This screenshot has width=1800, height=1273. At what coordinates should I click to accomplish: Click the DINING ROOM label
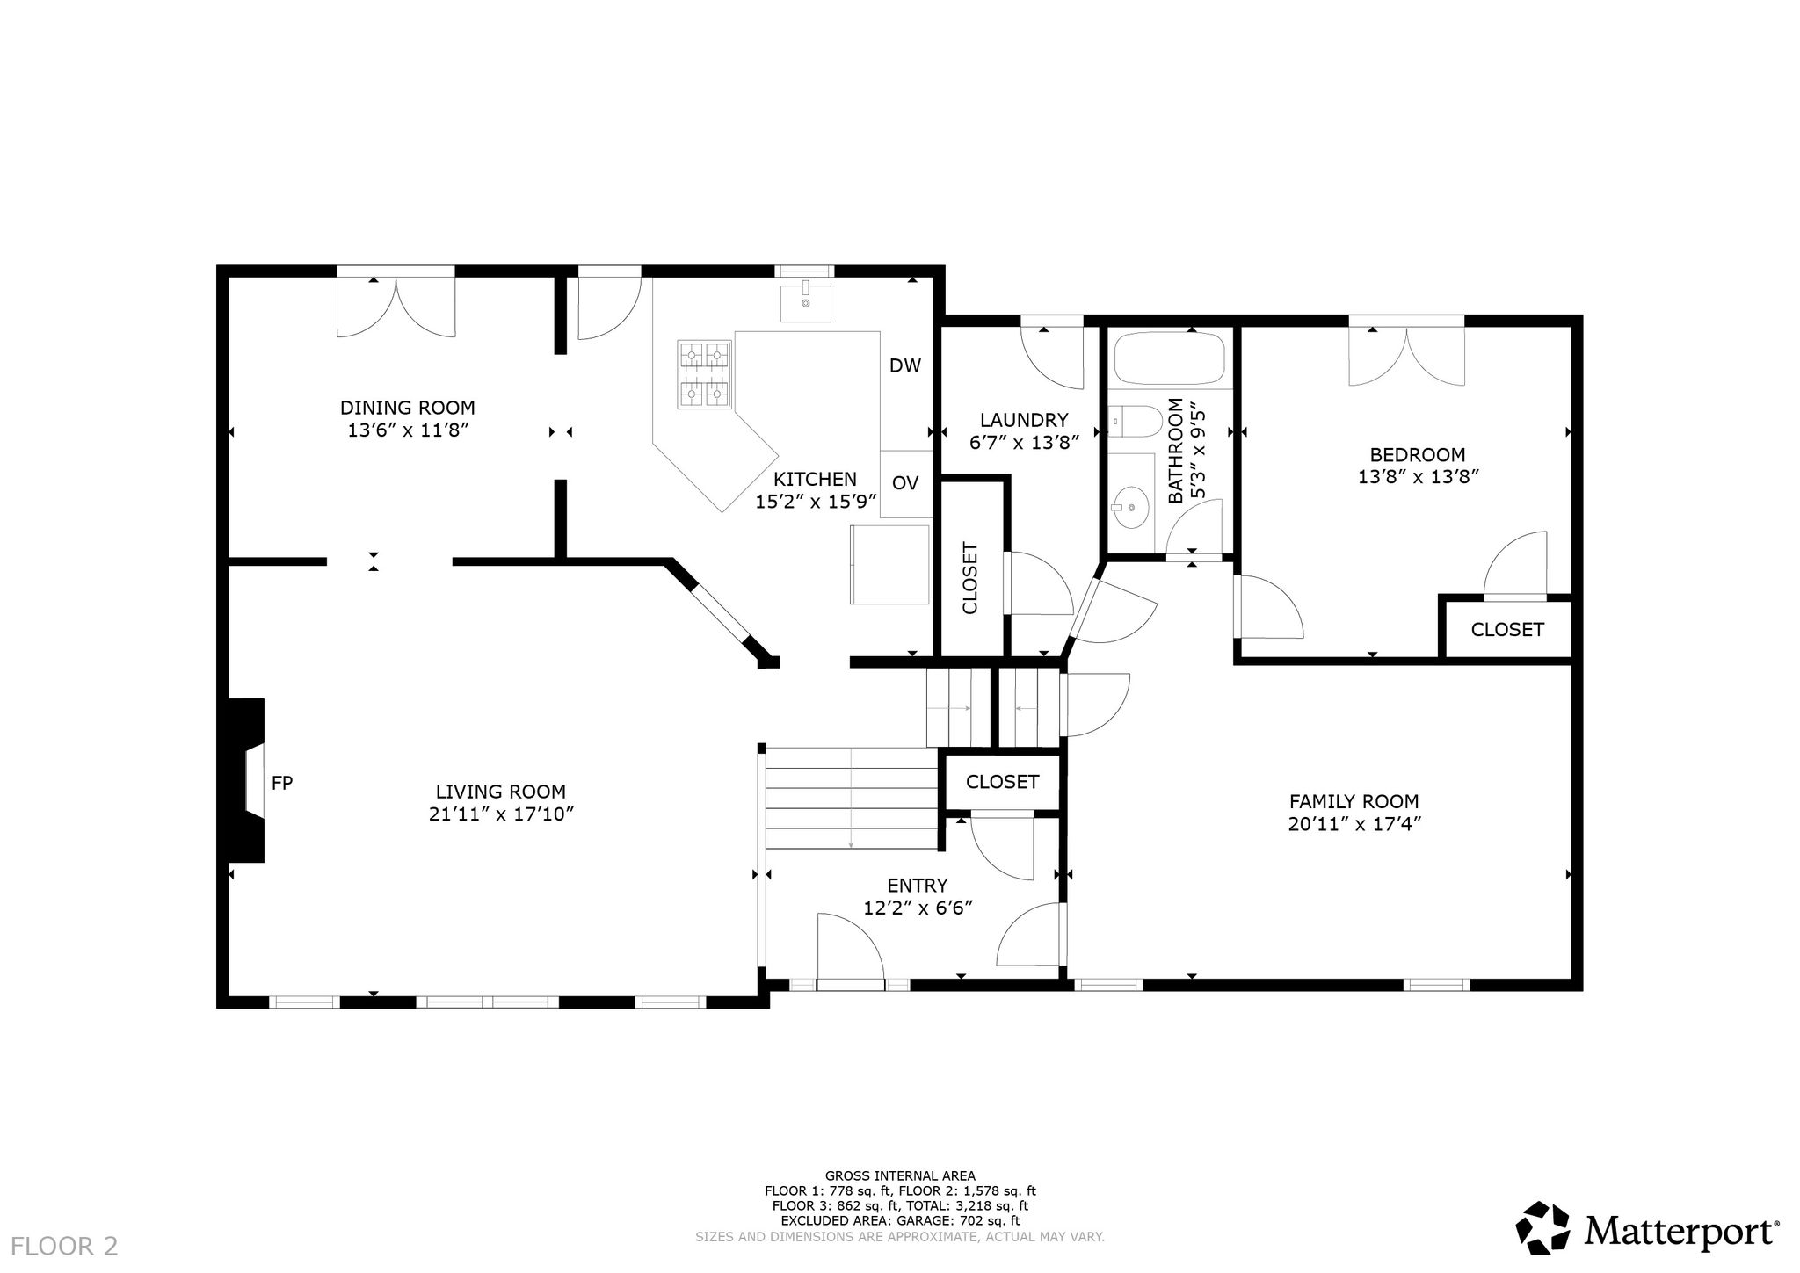tap(408, 408)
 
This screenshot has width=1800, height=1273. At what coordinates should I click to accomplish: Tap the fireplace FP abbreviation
tap(281, 783)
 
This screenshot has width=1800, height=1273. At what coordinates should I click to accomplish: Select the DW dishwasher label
tap(905, 365)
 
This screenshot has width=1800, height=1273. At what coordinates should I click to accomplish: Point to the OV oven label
tap(905, 482)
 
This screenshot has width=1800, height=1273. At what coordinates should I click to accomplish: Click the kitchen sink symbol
tap(805, 303)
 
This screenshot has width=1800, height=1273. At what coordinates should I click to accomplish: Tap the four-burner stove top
tap(704, 374)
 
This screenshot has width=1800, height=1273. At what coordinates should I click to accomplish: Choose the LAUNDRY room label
tap(1024, 420)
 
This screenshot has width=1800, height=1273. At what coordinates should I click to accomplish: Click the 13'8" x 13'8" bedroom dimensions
tap(1418, 477)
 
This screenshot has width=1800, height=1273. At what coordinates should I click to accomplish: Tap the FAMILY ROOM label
tap(1354, 801)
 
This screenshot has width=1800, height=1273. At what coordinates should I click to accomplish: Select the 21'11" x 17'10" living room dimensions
tap(501, 814)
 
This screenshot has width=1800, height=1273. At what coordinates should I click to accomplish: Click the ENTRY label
tap(918, 886)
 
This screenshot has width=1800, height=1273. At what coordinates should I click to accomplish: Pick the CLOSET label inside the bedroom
tap(1507, 630)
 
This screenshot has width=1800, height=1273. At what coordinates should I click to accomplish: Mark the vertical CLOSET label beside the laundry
tap(970, 578)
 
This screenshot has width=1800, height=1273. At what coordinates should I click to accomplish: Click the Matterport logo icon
tap(1543, 1228)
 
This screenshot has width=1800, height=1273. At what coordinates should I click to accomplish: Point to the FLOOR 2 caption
tap(65, 1246)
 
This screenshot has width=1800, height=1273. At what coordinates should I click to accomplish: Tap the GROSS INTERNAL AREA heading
tap(900, 1175)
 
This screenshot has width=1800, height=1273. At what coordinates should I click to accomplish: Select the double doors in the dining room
tap(396, 307)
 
